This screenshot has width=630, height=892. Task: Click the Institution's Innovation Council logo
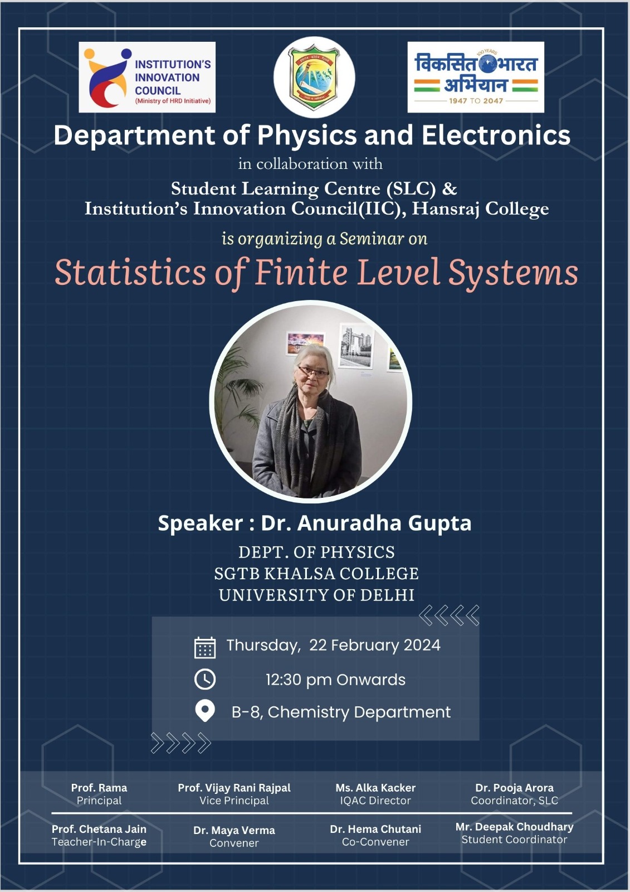pos(147,77)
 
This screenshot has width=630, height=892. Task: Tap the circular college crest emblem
pos(314,77)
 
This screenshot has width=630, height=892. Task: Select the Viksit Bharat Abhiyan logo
pos(476,77)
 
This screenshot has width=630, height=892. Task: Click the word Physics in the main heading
pos(307,135)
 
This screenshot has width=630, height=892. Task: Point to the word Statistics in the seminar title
pos(130,273)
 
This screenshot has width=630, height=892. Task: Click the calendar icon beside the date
pos(205,647)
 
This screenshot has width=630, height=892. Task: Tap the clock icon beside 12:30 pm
pos(205,679)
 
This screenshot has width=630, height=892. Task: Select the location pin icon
pos(205,711)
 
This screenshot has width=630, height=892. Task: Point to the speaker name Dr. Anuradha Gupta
pos(366,523)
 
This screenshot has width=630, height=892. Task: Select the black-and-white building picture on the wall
pos(356,345)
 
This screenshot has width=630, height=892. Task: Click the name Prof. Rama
pos(99,788)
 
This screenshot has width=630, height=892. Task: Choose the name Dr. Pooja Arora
pos(514,788)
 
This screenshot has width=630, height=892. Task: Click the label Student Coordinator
pos(514,840)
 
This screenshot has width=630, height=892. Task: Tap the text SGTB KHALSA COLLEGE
pos(316,574)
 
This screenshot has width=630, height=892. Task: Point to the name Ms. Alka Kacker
pos(375,788)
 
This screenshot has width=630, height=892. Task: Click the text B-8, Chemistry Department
pos(341,712)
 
